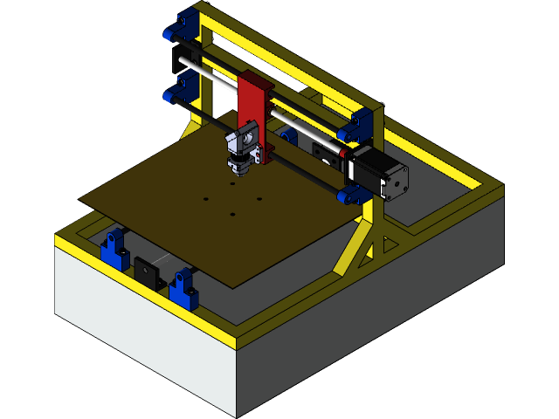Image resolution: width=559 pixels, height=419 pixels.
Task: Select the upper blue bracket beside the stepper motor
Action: coord(358,127)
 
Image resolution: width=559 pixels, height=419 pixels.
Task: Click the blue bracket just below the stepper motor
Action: coord(355,194)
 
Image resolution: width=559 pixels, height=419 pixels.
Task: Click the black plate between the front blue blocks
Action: coord(146,271)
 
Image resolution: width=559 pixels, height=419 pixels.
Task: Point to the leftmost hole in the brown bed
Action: coord(206,200)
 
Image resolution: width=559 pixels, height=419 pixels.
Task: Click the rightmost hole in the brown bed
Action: coord(259,198)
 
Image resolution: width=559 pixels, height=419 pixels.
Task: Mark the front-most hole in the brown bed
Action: coord(233,214)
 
